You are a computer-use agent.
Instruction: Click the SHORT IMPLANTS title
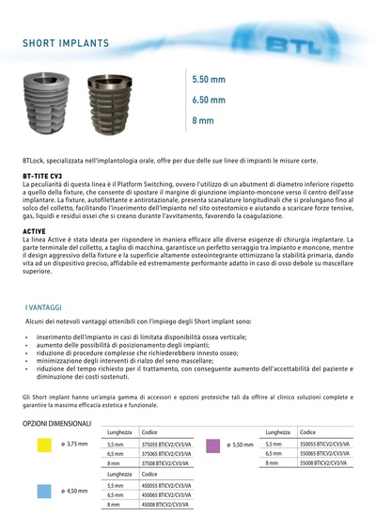(x=66, y=44)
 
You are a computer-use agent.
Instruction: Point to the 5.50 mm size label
(x=209, y=80)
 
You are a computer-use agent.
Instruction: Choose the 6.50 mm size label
(x=209, y=100)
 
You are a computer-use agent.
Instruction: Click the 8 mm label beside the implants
(x=202, y=120)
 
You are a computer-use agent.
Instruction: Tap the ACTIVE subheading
(x=35, y=229)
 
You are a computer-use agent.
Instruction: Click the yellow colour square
(x=42, y=443)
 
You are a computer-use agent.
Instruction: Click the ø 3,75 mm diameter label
(x=74, y=444)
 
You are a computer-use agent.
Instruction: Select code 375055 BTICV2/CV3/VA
(x=165, y=444)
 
